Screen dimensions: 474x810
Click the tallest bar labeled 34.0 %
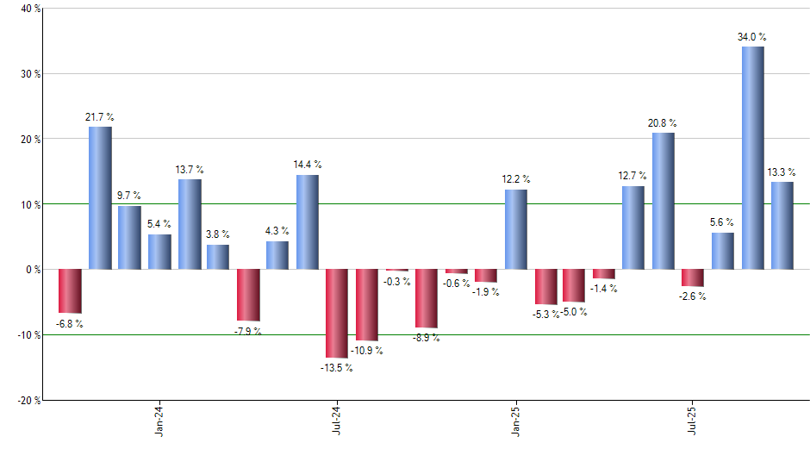[x=752, y=158]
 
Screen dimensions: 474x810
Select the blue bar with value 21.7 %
[x=100, y=198]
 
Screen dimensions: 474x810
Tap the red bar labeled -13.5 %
[x=337, y=313]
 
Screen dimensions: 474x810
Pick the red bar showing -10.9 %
[x=367, y=304]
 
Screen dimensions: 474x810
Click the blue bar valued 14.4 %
[x=308, y=222]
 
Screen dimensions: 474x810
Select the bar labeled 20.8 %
[x=663, y=201]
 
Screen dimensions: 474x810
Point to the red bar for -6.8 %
[x=70, y=291]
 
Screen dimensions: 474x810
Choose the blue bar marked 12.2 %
[x=515, y=229]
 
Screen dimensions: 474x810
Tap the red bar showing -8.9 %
[x=426, y=298]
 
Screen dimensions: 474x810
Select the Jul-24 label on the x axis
[x=337, y=419]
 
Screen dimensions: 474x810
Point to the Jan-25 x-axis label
[x=515, y=419]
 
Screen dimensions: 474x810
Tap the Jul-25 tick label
[x=693, y=419]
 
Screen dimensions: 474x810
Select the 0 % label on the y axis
[x=33, y=270]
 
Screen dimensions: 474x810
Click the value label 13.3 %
[x=782, y=172]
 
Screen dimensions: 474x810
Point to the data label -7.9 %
[x=248, y=331]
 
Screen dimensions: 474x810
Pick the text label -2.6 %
[x=693, y=296]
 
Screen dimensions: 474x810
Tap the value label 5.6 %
[x=723, y=223]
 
